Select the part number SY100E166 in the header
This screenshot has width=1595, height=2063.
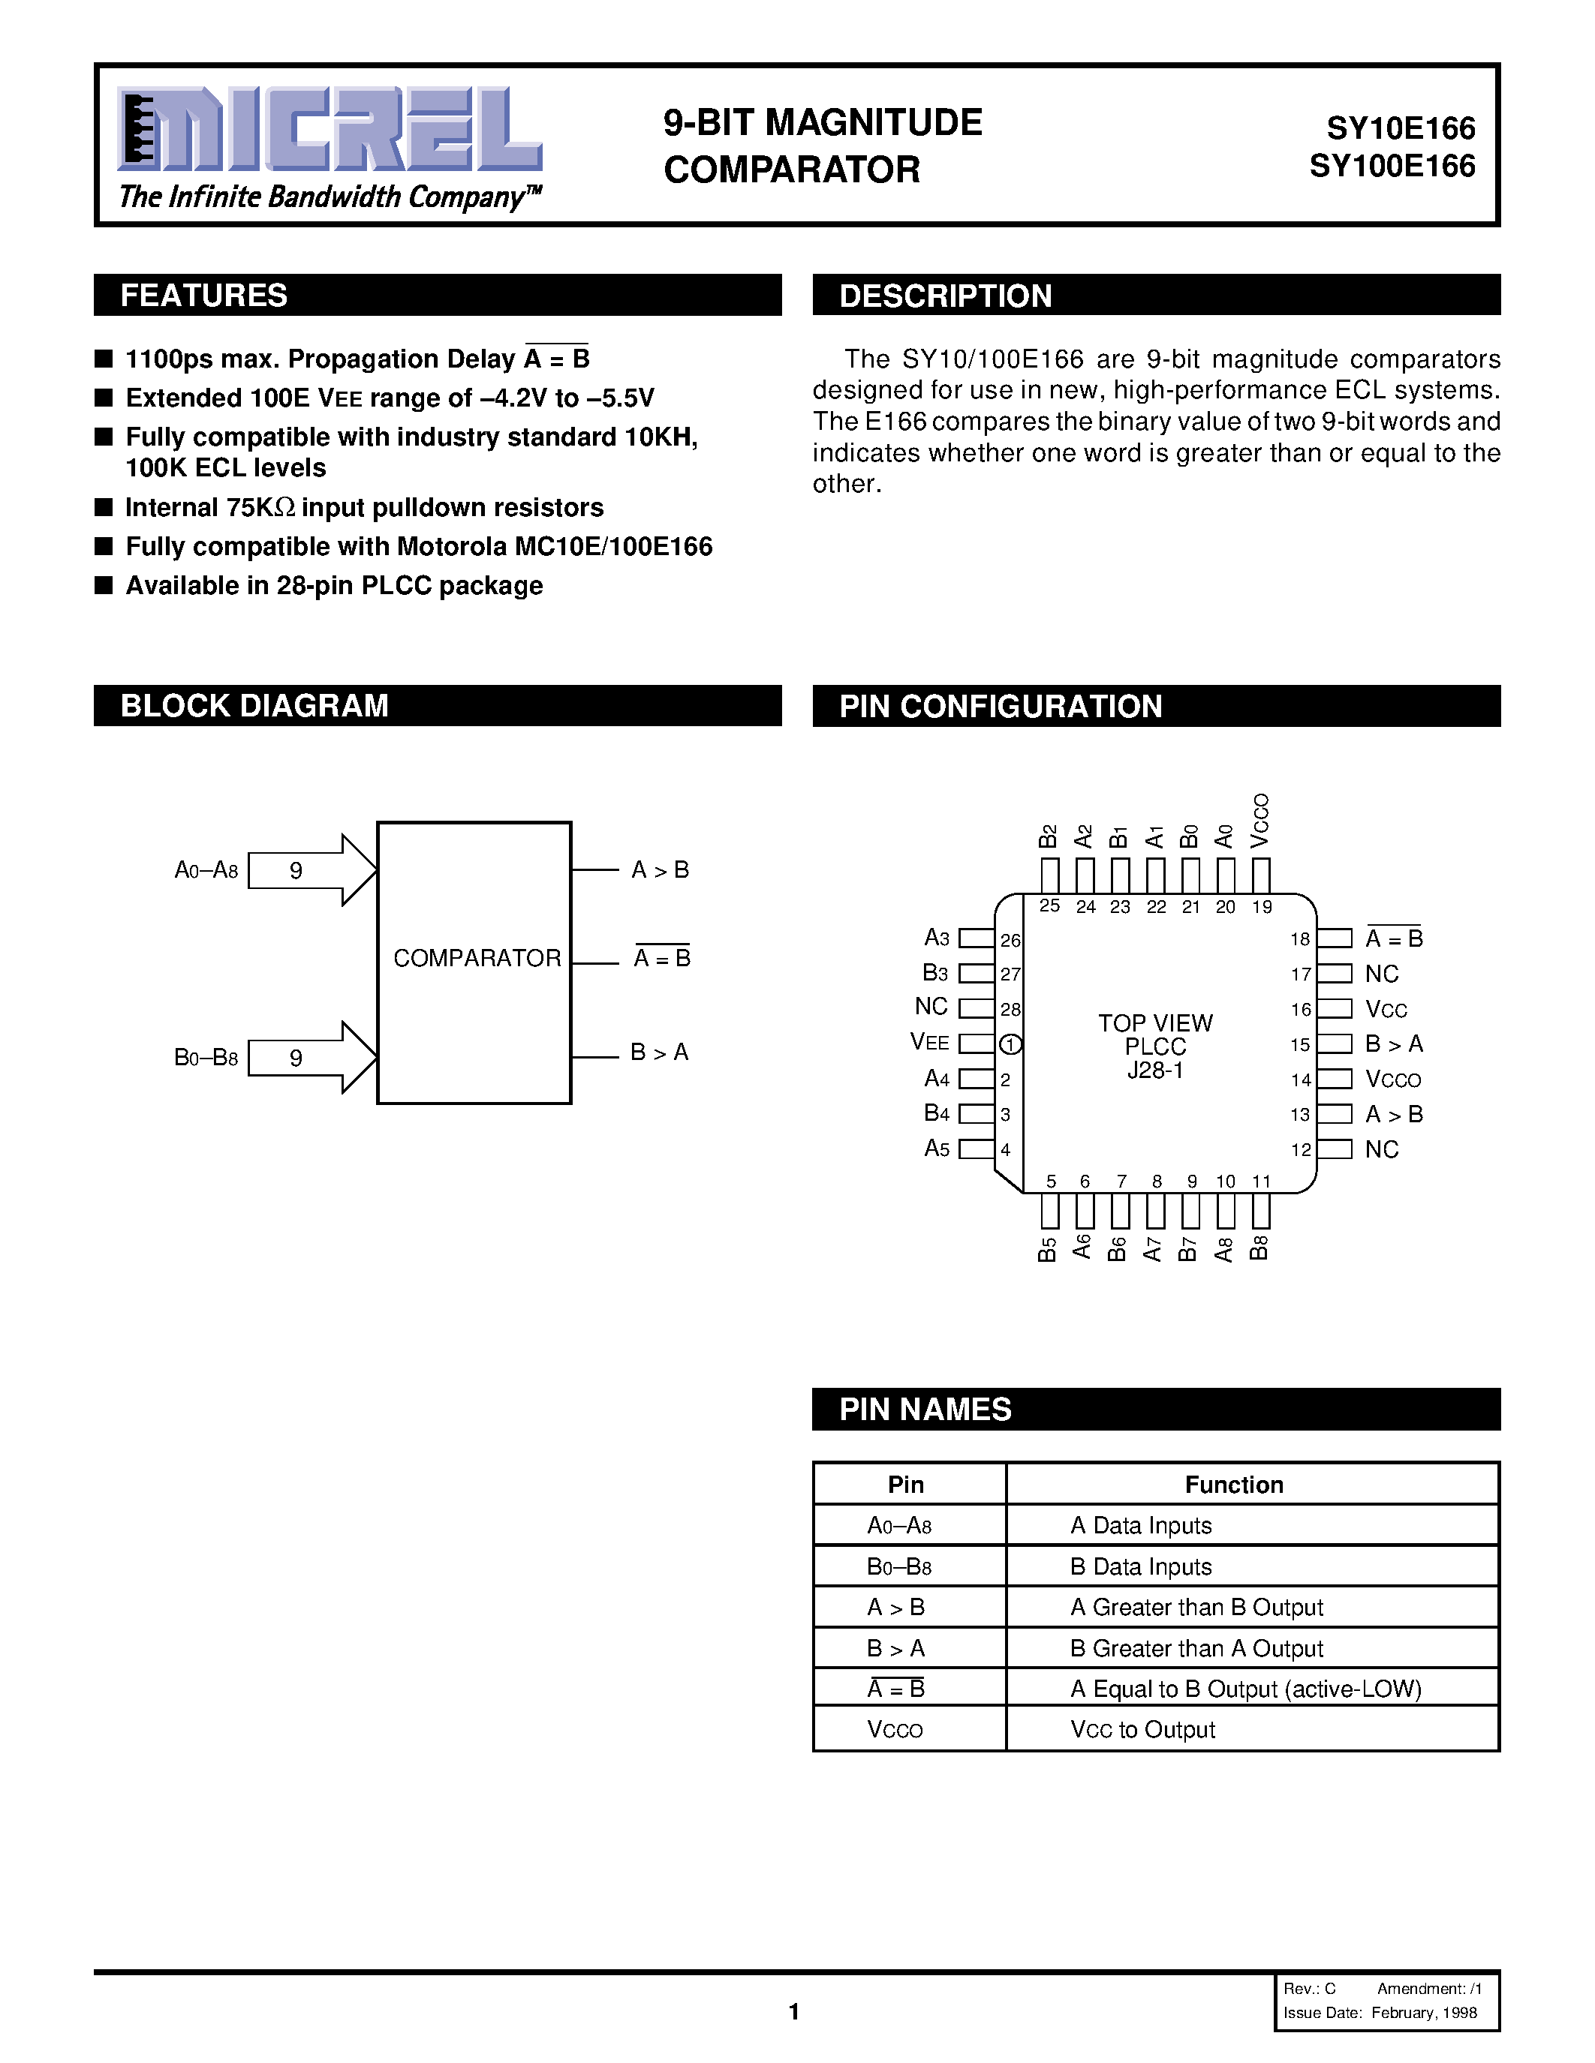[1391, 167]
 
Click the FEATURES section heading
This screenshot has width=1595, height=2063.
[204, 296]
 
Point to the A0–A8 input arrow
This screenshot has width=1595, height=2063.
[311, 870]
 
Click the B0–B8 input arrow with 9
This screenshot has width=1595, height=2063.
[311, 1057]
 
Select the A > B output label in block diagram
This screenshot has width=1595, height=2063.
[660, 870]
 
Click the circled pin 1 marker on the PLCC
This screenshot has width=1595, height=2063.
[1010, 1044]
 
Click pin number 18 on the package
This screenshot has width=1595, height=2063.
[1300, 939]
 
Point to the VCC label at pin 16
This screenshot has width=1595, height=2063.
[1386, 1010]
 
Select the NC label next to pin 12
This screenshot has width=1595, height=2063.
[1381, 1149]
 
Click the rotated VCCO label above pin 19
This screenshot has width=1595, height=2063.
[1260, 821]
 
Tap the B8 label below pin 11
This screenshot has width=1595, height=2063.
[1259, 1247]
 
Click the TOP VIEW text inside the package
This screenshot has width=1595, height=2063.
[1154, 1023]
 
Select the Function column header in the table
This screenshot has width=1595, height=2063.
[1233, 1485]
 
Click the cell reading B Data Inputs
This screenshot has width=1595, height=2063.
[1140, 1567]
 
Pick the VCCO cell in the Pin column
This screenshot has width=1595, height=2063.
[894, 1730]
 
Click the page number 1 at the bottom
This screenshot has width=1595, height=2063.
[793, 2011]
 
